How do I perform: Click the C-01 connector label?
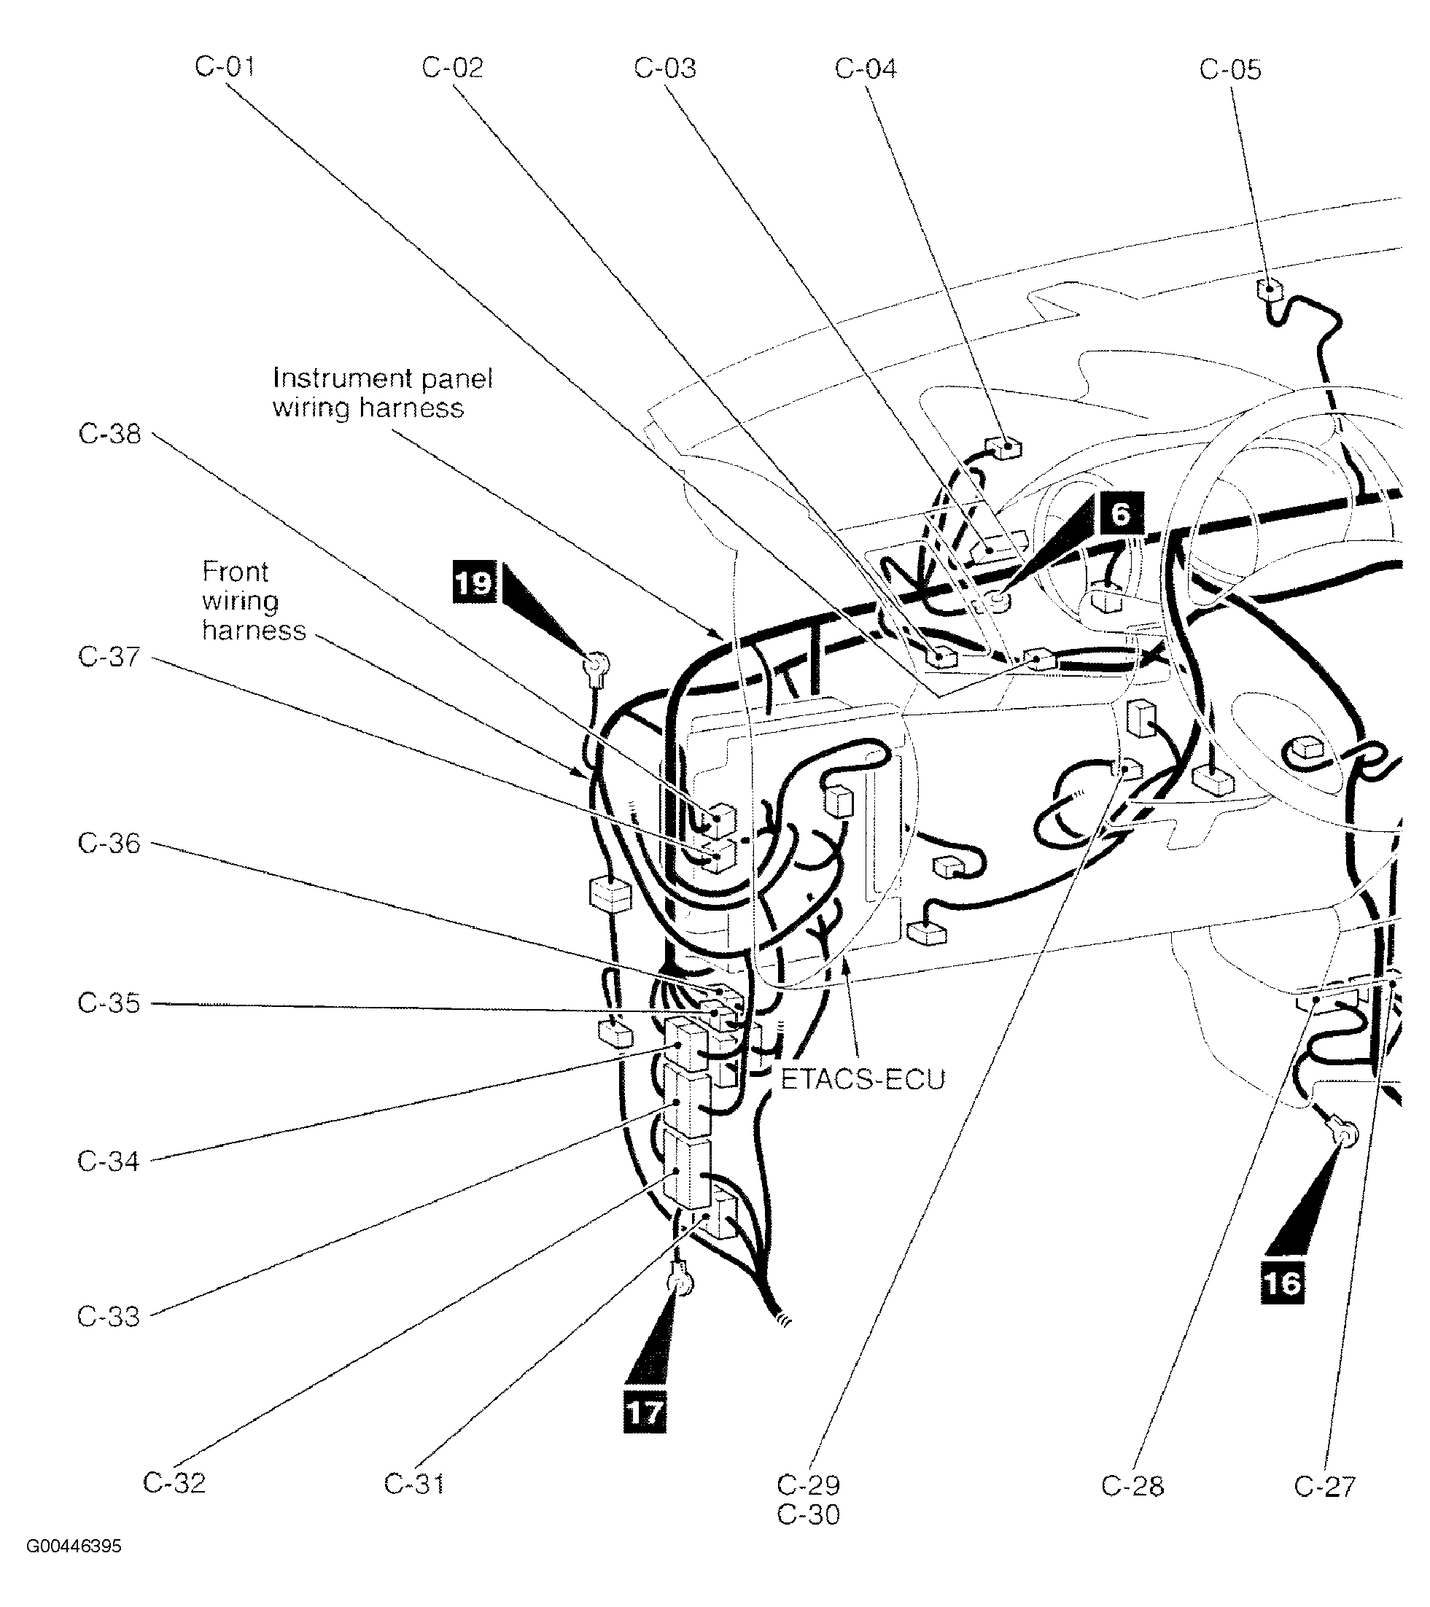pos(225,67)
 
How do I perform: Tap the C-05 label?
pos(1229,70)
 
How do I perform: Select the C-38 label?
pos(109,434)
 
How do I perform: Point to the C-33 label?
pos(109,1316)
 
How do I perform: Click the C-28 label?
pos(1132,1486)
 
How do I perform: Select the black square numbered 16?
pos(1282,1283)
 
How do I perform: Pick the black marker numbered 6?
pos(1121,513)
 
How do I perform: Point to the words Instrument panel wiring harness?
pos(381,393)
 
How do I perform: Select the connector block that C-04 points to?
pos(1005,449)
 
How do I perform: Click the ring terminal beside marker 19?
pos(595,665)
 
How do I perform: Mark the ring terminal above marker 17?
pos(680,1285)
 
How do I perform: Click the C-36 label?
pos(109,844)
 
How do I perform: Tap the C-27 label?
pos(1325,1486)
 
